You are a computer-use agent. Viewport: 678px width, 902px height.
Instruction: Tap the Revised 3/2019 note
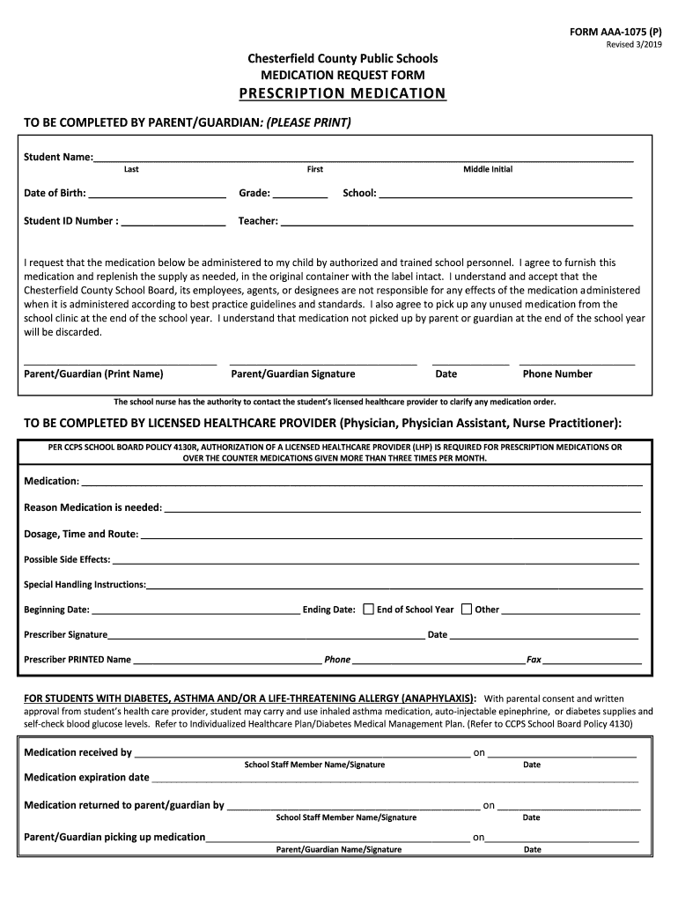(x=634, y=46)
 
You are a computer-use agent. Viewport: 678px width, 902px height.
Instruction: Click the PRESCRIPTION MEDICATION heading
(x=343, y=93)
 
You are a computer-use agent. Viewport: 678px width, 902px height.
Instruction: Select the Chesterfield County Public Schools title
(x=343, y=58)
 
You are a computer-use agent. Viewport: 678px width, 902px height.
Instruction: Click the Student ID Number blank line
(x=173, y=222)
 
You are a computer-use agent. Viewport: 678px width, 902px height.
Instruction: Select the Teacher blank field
(x=456, y=222)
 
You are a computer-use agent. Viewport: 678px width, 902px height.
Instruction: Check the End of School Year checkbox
(x=368, y=609)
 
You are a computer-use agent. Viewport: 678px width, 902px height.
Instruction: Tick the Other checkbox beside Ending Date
(x=467, y=609)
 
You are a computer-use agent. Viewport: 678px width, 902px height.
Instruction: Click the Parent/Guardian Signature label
(x=293, y=373)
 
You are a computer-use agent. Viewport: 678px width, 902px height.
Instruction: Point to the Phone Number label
(x=557, y=373)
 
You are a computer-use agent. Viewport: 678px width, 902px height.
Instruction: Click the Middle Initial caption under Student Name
(x=488, y=169)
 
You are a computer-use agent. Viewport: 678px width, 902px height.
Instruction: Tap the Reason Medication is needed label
(x=92, y=507)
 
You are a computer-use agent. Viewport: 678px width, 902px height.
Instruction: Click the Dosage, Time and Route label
(x=81, y=534)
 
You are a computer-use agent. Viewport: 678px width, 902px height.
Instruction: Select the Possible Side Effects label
(x=67, y=559)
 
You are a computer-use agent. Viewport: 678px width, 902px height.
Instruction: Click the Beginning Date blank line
(x=195, y=610)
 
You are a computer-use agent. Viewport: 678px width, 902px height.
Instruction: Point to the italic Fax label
(x=534, y=659)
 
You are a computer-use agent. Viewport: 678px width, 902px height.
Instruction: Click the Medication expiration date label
(x=86, y=778)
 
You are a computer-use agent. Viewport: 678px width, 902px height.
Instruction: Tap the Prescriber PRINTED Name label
(x=77, y=659)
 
